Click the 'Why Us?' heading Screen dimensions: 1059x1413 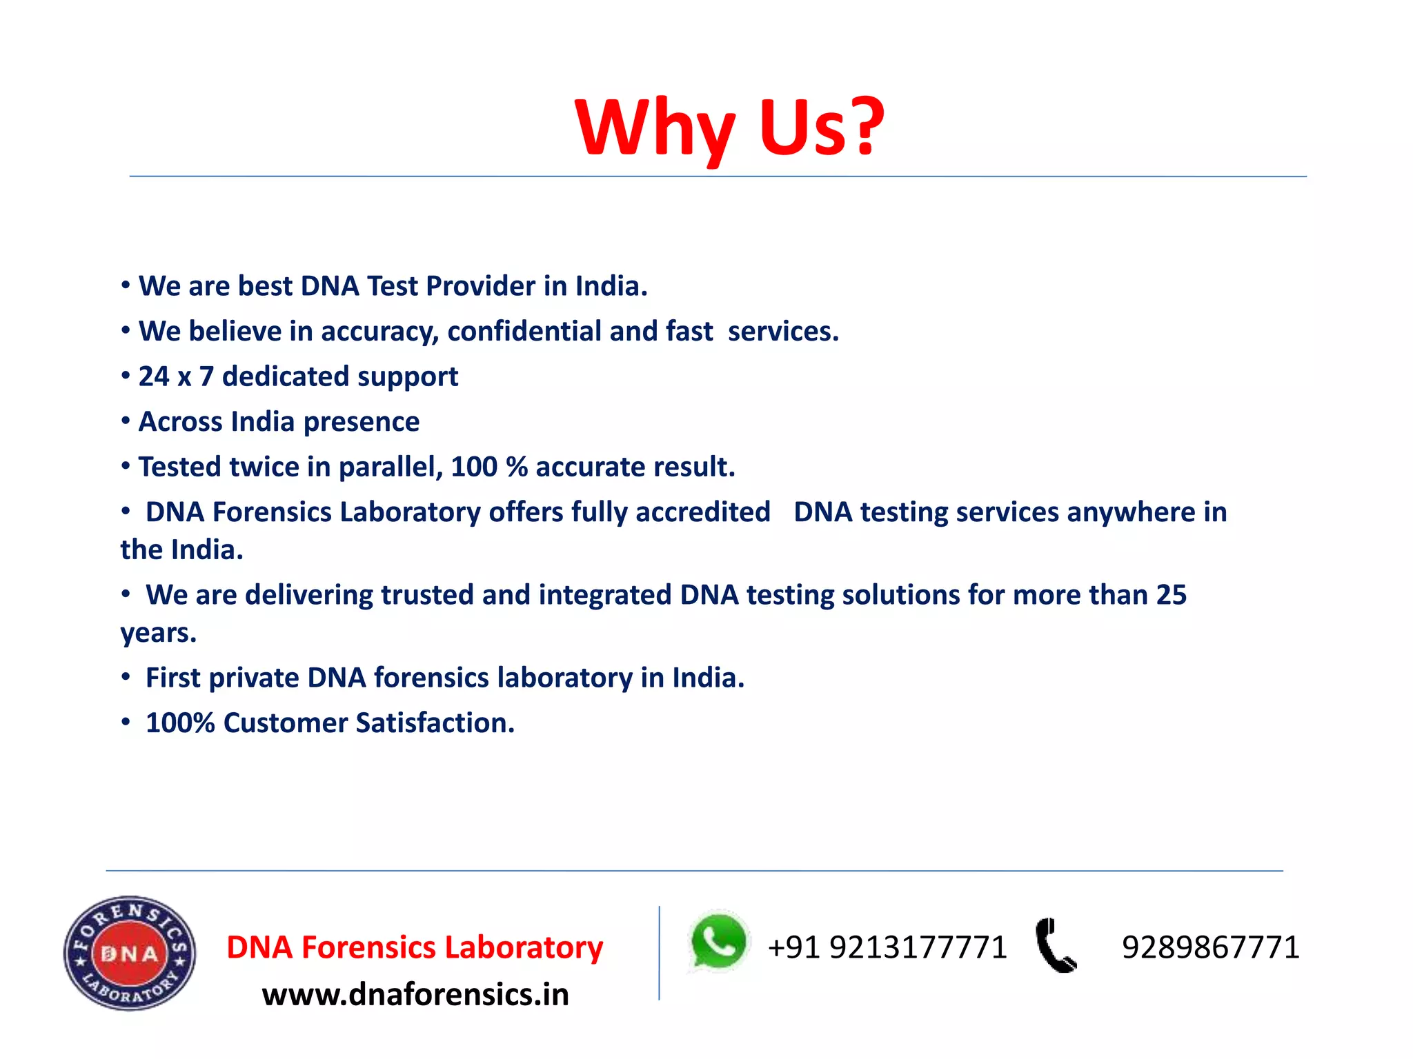tap(730, 128)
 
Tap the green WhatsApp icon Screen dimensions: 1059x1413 tap(718, 942)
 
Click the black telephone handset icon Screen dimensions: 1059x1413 tap(1055, 945)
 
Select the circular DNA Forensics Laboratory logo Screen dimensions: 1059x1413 tap(130, 954)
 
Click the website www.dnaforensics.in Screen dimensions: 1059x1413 tap(415, 994)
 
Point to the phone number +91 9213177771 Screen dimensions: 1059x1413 tap(887, 947)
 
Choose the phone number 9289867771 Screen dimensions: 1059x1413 tap(1210, 947)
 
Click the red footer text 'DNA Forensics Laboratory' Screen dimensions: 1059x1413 tap(415, 947)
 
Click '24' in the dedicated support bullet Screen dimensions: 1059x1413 tap(154, 376)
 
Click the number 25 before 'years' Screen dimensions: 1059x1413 tap(1171, 595)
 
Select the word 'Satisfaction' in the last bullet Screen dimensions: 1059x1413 tap(435, 723)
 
